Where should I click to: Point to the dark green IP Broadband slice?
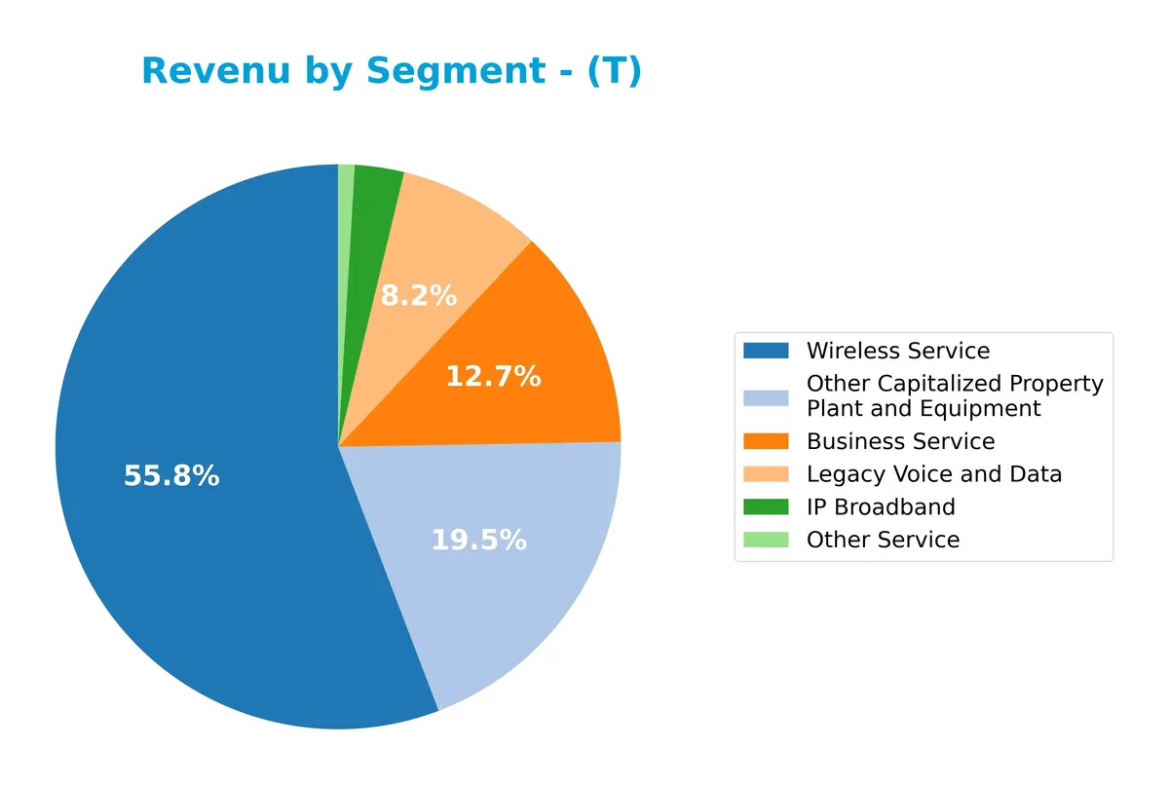coord(375,195)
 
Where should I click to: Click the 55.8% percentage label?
coord(171,476)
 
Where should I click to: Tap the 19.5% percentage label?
coord(478,540)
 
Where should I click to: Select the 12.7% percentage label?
coord(493,376)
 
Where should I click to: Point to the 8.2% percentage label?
coord(418,296)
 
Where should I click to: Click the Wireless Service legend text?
coord(897,351)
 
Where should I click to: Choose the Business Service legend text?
coord(900,441)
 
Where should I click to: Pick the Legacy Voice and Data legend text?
coord(933,474)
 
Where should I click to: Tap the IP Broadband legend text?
coord(881,506)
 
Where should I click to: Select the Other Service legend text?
coord(883,540)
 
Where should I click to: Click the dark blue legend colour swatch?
coord(766,351)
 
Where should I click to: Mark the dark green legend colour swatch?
coord(766,506)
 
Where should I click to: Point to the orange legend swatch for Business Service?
coord(766,441)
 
